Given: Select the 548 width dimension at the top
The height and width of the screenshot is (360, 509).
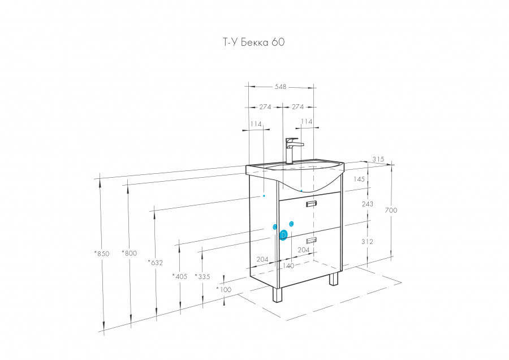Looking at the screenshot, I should point(281,87).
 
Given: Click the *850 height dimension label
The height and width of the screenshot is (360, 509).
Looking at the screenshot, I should point(102,254).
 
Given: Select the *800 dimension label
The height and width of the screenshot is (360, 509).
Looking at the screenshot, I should point(130,254).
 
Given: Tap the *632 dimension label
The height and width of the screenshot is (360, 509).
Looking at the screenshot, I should point(156,262).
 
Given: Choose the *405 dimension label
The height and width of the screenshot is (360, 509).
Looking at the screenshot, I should point(180,276).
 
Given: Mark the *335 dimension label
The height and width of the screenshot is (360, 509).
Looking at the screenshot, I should point(202,276).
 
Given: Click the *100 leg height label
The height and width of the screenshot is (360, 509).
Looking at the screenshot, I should point(224,289).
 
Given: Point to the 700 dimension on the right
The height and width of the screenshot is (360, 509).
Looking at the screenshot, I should point(391,210).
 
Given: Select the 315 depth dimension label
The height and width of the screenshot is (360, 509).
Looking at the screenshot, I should point(378,160).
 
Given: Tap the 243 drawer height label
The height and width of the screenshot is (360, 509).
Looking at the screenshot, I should point(367,204).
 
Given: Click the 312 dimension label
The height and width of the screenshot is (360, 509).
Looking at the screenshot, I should point(367,241).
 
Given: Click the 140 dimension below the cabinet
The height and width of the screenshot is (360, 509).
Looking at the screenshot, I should point(288,265).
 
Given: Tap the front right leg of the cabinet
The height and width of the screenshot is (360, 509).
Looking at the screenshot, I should point(334,279).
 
